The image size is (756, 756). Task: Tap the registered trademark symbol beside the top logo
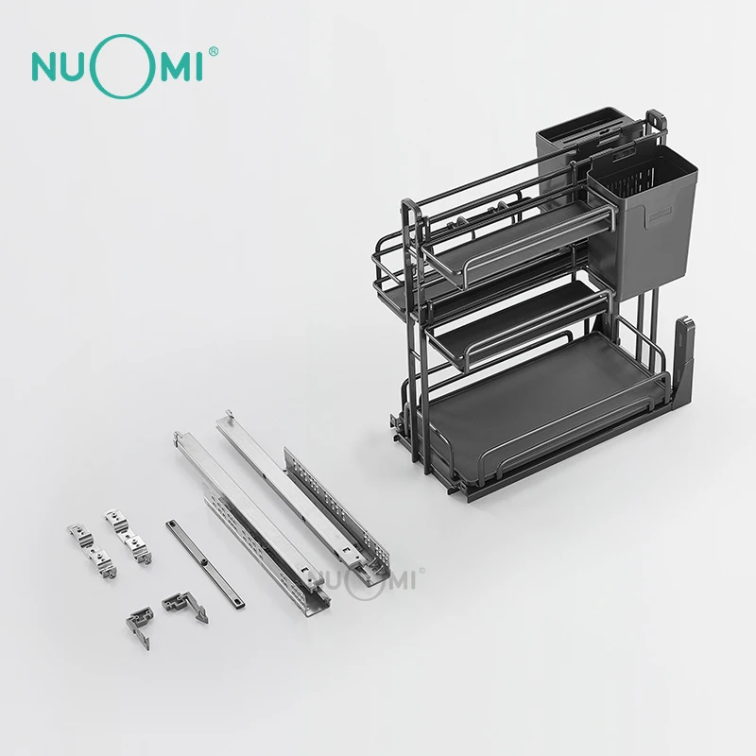tap(213, 52)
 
